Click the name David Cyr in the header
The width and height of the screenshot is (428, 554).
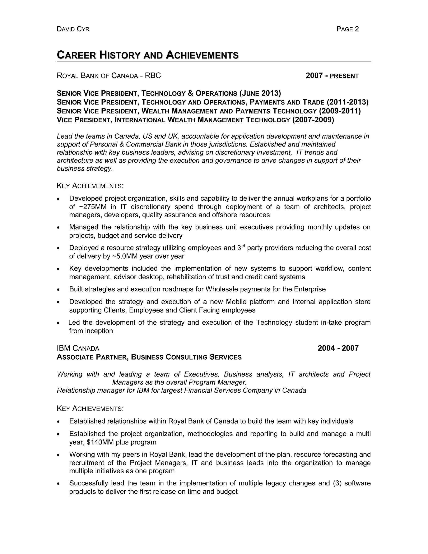pos(73,29)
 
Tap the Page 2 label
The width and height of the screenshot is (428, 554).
pos(347,29)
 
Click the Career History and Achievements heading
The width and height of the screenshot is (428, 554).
pos(148,55)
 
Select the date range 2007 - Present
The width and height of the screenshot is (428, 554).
pos(332,76)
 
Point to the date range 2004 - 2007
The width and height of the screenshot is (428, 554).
pos(338,348)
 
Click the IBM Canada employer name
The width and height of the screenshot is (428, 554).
pos(78,348)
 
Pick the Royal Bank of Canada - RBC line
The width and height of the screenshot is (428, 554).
pos(109,76)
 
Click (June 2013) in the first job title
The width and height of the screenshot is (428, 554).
pos(260,93)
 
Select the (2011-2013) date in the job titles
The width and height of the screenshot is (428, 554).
pos(348,102)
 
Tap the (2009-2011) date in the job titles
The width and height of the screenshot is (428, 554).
pos(340,111)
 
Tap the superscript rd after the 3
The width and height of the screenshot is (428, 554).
pos(243,246)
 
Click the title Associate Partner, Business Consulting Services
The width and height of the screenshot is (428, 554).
pos(149,357)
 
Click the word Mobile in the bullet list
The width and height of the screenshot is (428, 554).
pos(236,302)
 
